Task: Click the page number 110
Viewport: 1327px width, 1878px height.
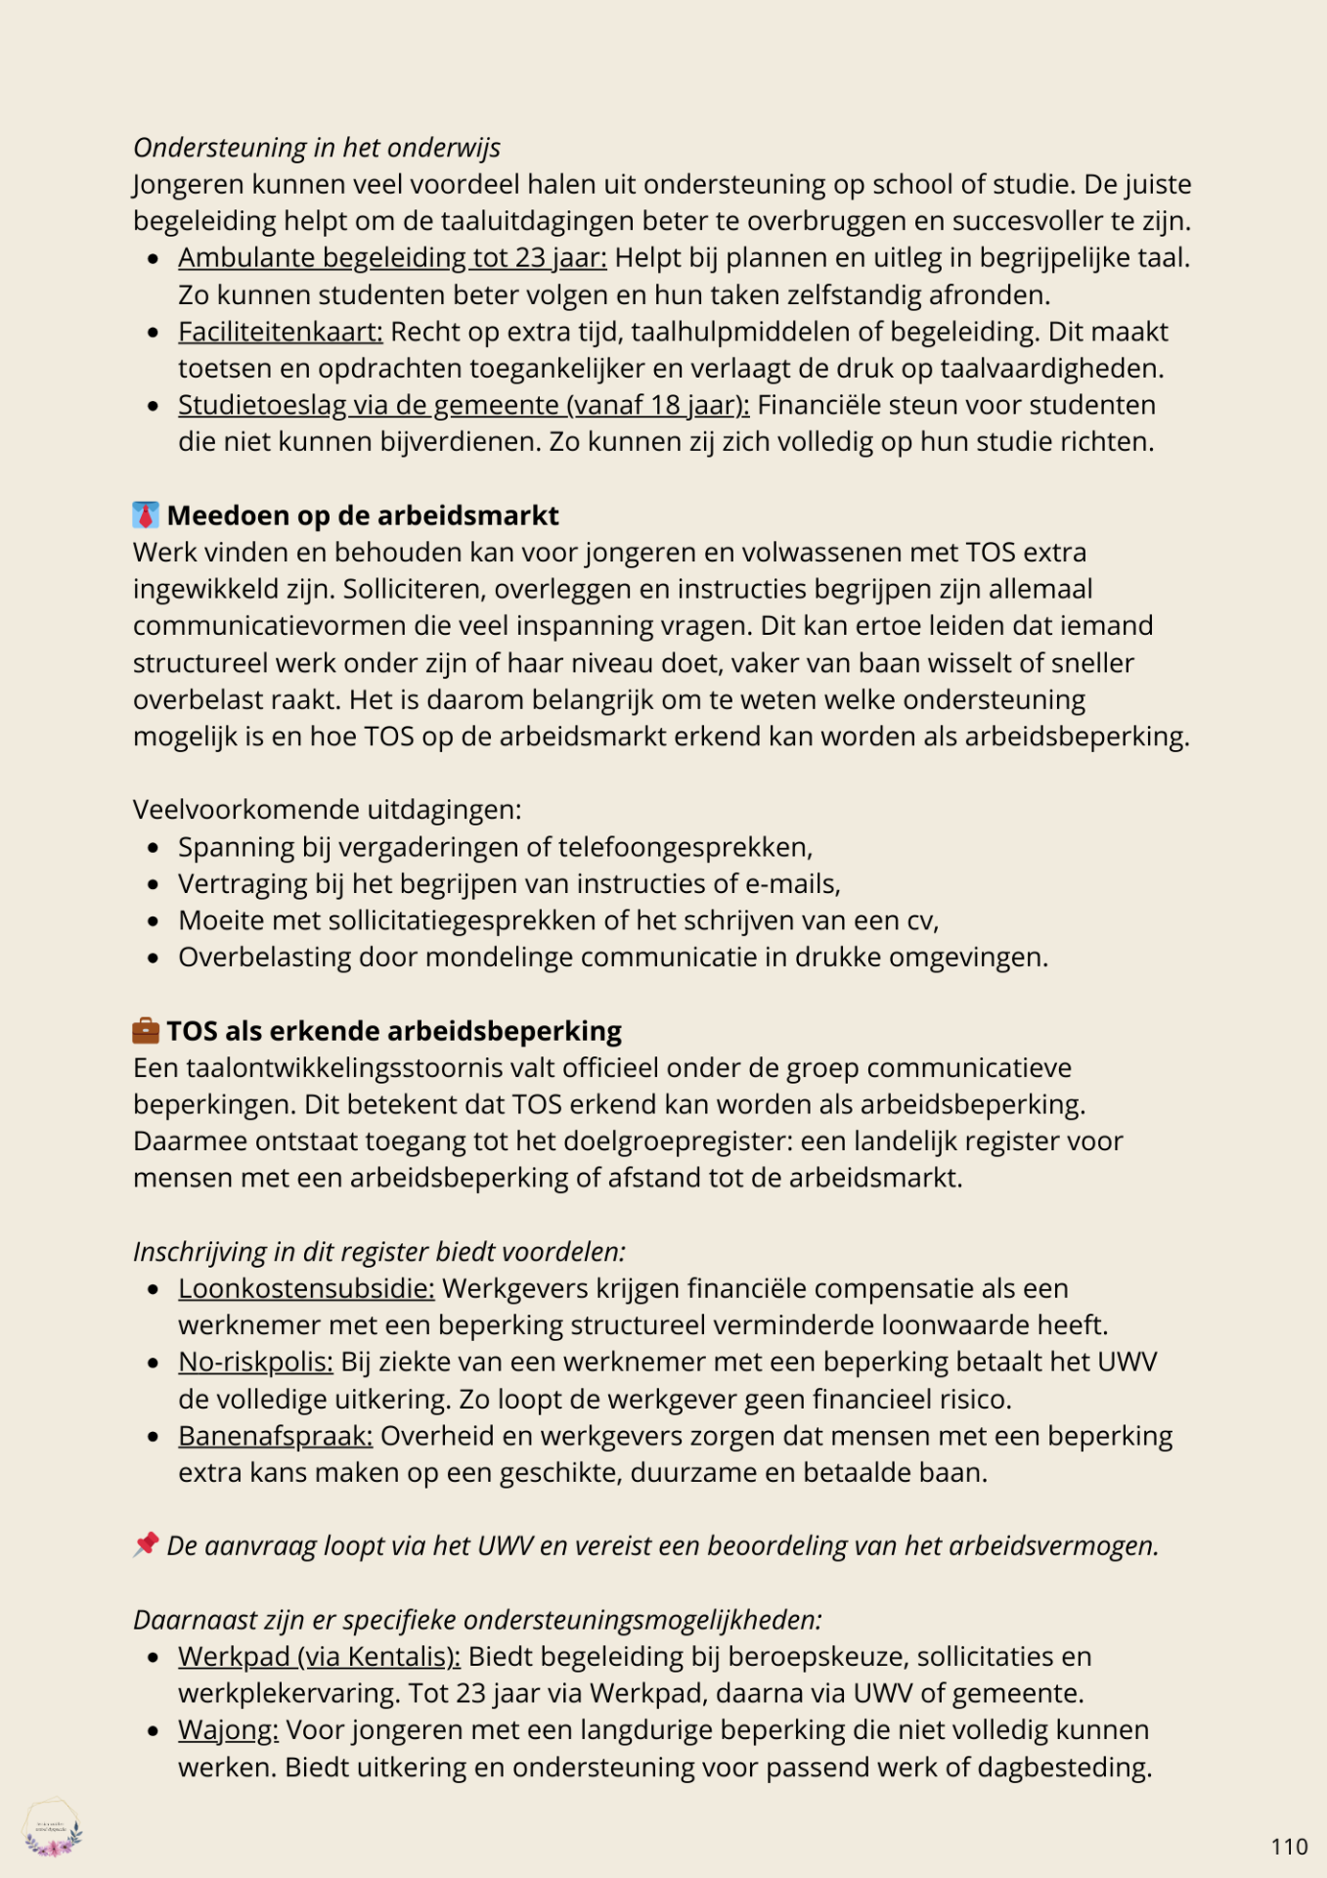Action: pos(1289,1847)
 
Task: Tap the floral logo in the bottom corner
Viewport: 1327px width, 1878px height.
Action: pos(53,1827)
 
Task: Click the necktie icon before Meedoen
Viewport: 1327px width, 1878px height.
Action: pos(146,515)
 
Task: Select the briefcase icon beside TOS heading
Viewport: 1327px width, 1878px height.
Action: pos(146,1030)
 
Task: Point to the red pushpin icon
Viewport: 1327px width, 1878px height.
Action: pos(146,1544)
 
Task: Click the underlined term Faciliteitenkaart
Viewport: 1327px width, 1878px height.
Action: pos(280,332)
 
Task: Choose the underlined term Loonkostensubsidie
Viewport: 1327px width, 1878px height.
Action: pos(306,1288)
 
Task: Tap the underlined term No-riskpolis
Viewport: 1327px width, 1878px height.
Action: pos(255,1362)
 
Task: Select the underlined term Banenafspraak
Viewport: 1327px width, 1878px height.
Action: pos(275,1436)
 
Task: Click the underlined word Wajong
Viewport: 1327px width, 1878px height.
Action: pos(228,1729)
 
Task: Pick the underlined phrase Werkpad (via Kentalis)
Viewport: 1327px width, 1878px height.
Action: pos(319,1656)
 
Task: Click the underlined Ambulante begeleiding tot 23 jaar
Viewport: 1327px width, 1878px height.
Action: pos(392,257)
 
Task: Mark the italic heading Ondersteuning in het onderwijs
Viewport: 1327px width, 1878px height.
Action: pos(317,148)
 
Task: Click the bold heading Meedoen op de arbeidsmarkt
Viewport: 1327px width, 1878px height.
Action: pos(363,515)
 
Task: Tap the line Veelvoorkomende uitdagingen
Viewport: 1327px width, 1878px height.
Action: pos(327,810)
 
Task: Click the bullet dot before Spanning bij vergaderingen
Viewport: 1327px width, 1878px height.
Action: pos(154,847)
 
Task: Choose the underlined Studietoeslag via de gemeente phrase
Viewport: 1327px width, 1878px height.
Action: pos(464,405)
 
